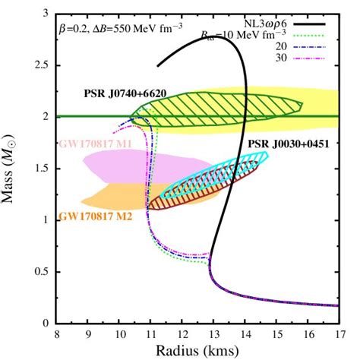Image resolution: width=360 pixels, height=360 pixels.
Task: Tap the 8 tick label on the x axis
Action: click(57, 333)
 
